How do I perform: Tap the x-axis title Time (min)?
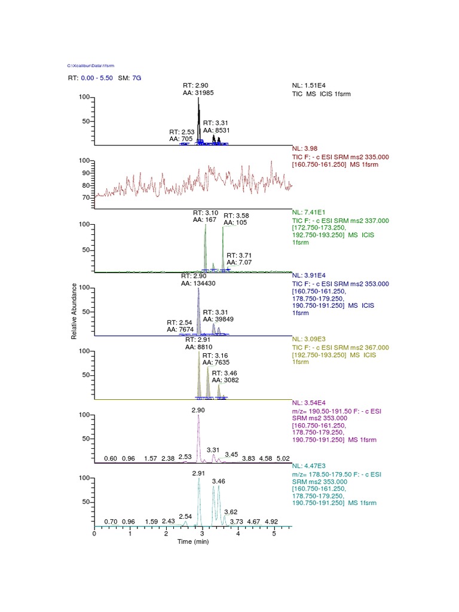pyautogui.click(x=193, y=541)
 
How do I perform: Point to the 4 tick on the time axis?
pyautogui.click(x=238, y=534)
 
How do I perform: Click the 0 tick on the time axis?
pyautogui.click(x=94, y=534)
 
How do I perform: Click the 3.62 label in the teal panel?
pyautogui.click(x=231, y=512)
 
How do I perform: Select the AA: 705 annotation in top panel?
pyautogui.click(x=178, y=139)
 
